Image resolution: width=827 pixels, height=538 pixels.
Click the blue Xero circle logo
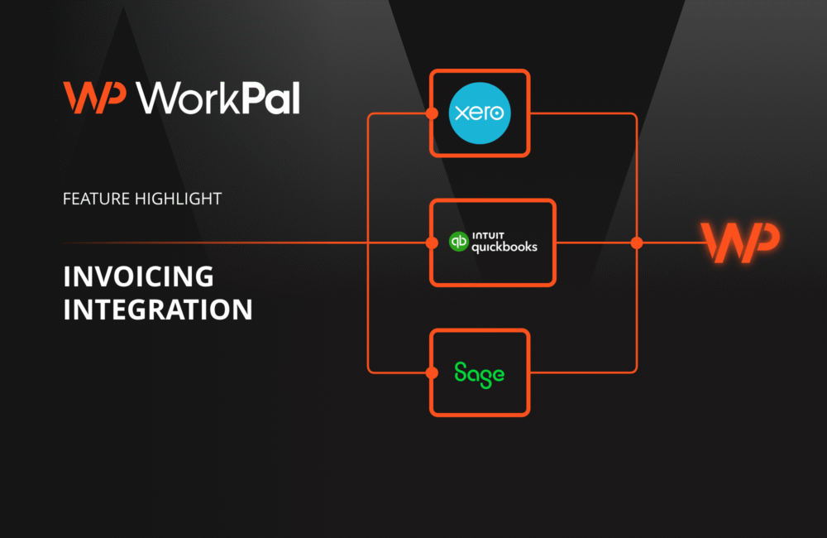pyautogui.click(x=480, y=113)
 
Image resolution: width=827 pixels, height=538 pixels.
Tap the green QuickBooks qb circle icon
pyautogui.click(x=458, y=242)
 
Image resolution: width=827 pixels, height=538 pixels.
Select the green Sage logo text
pyautogui.click(x=480, y=373)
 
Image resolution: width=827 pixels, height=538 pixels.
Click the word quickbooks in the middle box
pyautogui.click(x=504, y=247)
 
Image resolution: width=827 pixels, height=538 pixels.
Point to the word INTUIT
pyautogui.click(x=490, y=235)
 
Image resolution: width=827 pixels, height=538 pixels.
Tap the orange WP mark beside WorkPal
pyautogui.click(x=94, y=98)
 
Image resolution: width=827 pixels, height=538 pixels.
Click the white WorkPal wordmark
pyautogui.click(x=218, y=98)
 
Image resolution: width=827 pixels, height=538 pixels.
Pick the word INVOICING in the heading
pyautogui.click(x=138, y=276)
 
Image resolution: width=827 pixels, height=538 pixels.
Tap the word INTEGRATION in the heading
pyautogui.click(x=157, y=310)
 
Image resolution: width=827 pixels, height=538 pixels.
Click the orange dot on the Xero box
pyautogui.click(x=431, y=113)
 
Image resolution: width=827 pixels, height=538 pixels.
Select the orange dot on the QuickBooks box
pyautogui.click(x=431, y=243)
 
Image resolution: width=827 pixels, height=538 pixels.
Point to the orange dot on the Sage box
pyautogui.click(x=431, y=372)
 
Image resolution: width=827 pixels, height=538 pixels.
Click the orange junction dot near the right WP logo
pyautogui.click(x=636, y=243)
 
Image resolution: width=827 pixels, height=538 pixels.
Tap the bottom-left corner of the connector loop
pyautogui.click(x=370, y=369)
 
